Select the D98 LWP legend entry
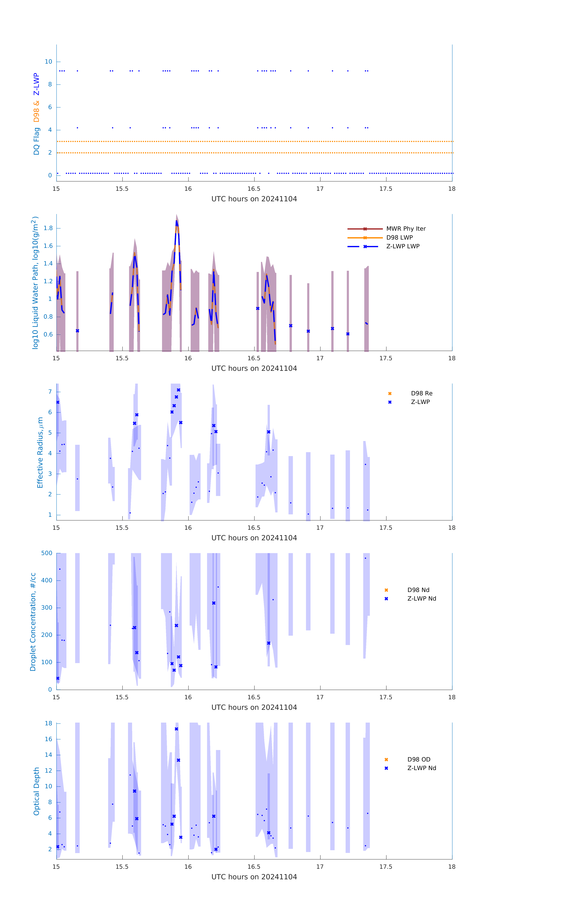point(399,238)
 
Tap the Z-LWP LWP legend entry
point(403,246)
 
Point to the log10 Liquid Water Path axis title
point(35,283)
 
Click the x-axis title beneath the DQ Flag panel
point(254,199)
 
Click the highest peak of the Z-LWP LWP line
point(176,221)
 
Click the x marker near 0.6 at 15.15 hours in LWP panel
point(77,331)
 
